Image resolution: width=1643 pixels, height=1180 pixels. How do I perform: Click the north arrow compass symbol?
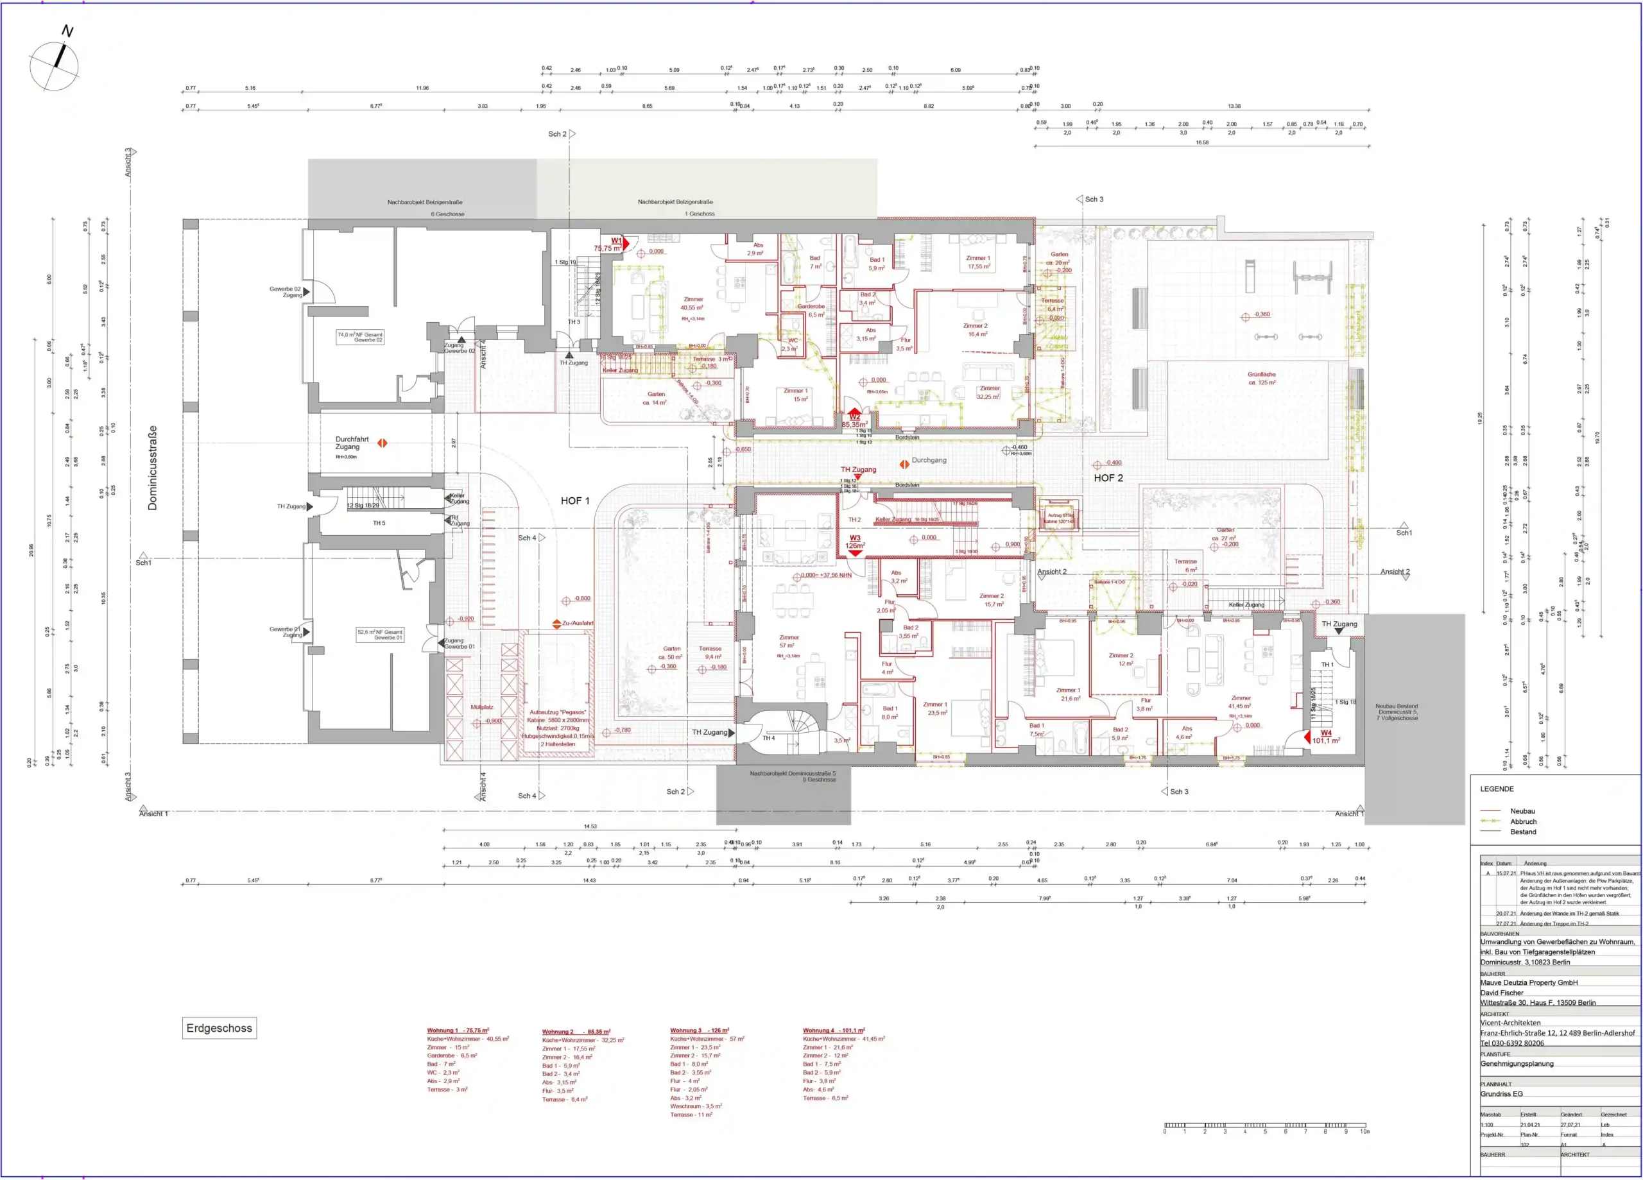(55, 65)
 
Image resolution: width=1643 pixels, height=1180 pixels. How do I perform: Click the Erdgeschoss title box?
(219, 1028)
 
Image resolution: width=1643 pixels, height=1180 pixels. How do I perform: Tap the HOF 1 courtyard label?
(574, 500)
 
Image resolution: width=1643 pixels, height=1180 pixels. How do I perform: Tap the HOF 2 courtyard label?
(1108, 478)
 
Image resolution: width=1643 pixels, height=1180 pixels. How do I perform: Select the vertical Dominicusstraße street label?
(152, 467)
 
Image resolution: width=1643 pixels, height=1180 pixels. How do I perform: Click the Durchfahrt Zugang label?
(352, 443)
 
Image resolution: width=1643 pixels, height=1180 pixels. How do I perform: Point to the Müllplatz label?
(482, 707)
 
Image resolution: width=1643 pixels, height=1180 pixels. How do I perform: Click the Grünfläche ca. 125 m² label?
(1261, 378)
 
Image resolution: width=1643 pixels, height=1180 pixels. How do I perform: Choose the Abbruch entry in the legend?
(1523, 821)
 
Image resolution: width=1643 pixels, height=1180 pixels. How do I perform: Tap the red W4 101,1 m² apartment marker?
(1326, 737)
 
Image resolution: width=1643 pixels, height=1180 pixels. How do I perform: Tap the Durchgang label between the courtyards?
(929, 460)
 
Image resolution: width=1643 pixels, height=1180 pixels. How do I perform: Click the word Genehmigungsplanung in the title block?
(1515, 1063)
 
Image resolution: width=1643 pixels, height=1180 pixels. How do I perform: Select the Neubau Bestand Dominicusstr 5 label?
(1396, 712)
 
